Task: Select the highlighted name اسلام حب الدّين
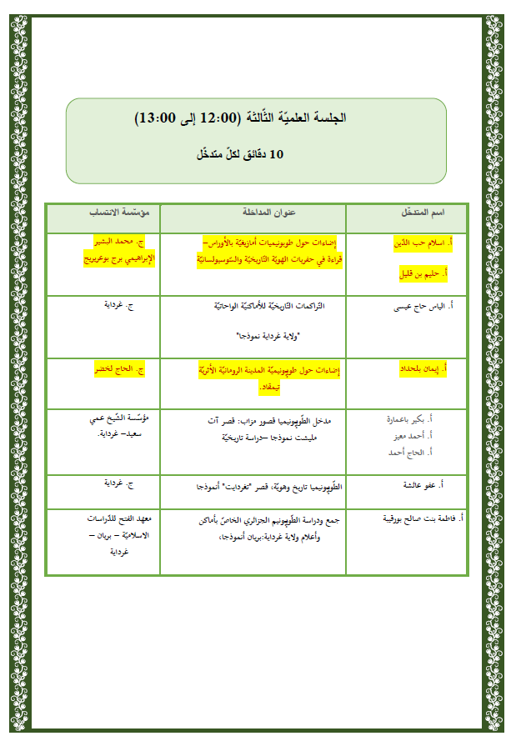422,243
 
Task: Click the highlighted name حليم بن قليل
420,272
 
